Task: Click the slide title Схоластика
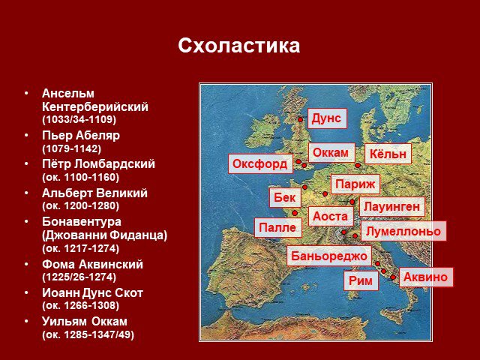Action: click(238, 46)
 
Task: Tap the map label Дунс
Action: click(327, 118)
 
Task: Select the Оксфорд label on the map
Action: click(260, 163)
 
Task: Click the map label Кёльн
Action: click(388, 154)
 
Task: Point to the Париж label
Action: click(355, 184)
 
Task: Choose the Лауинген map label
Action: click(391, 207)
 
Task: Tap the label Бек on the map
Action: click(285, 197)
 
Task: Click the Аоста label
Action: click(331, 217)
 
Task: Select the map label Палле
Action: click(278, 227)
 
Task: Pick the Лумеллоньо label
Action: click(403, 231)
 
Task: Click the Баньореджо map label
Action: click(329, 256)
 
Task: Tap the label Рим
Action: click(361, 280)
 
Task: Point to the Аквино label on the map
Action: click(426, 277)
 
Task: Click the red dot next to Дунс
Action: click(301, 120)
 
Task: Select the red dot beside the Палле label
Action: click(295, 213)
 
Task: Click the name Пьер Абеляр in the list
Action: click(81, 135)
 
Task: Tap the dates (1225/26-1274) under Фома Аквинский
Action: click(79, 277)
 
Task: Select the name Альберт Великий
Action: click(95, 193)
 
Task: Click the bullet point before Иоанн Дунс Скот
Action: click(27, 292)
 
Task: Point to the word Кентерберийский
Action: click(95, 106)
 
